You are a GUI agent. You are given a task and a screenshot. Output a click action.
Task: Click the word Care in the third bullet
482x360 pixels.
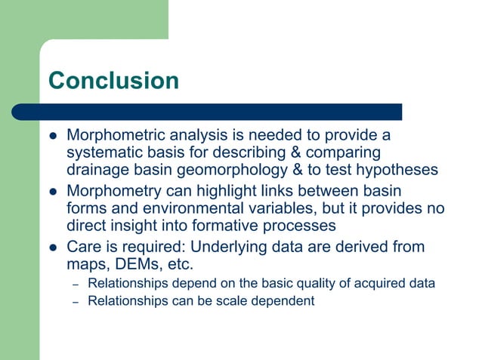(x=82, y=247)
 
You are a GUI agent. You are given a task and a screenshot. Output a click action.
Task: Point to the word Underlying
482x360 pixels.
(x=242, y=247)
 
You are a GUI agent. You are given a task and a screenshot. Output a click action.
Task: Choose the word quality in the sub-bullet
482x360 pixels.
(x=321, y=284)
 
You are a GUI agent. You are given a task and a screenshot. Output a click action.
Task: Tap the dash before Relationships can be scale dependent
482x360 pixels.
(x=75, y=302)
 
